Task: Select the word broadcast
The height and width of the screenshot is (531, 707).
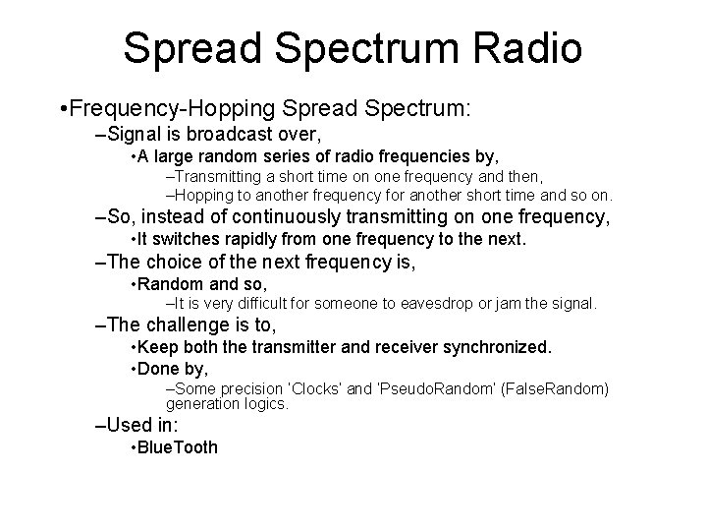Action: point(243,133)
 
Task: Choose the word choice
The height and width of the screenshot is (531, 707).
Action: point(171,264)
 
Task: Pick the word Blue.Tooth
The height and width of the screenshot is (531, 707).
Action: point(178,447)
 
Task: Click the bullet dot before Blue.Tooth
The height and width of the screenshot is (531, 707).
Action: point(133,447)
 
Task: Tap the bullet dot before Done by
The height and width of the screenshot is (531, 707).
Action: point(133,368)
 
